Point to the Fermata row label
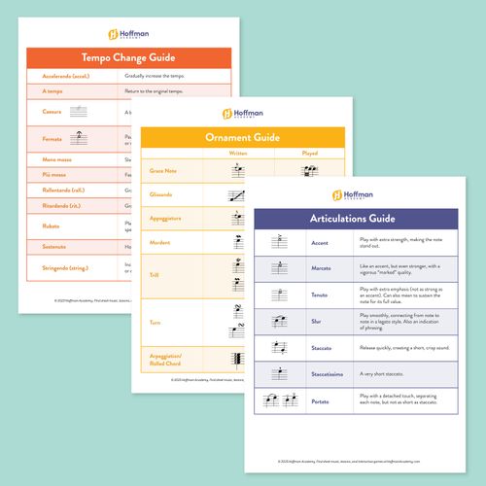click(53, 140)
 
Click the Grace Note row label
click(164, 171)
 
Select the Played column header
click(310, 153)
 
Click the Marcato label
click(322, 265)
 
